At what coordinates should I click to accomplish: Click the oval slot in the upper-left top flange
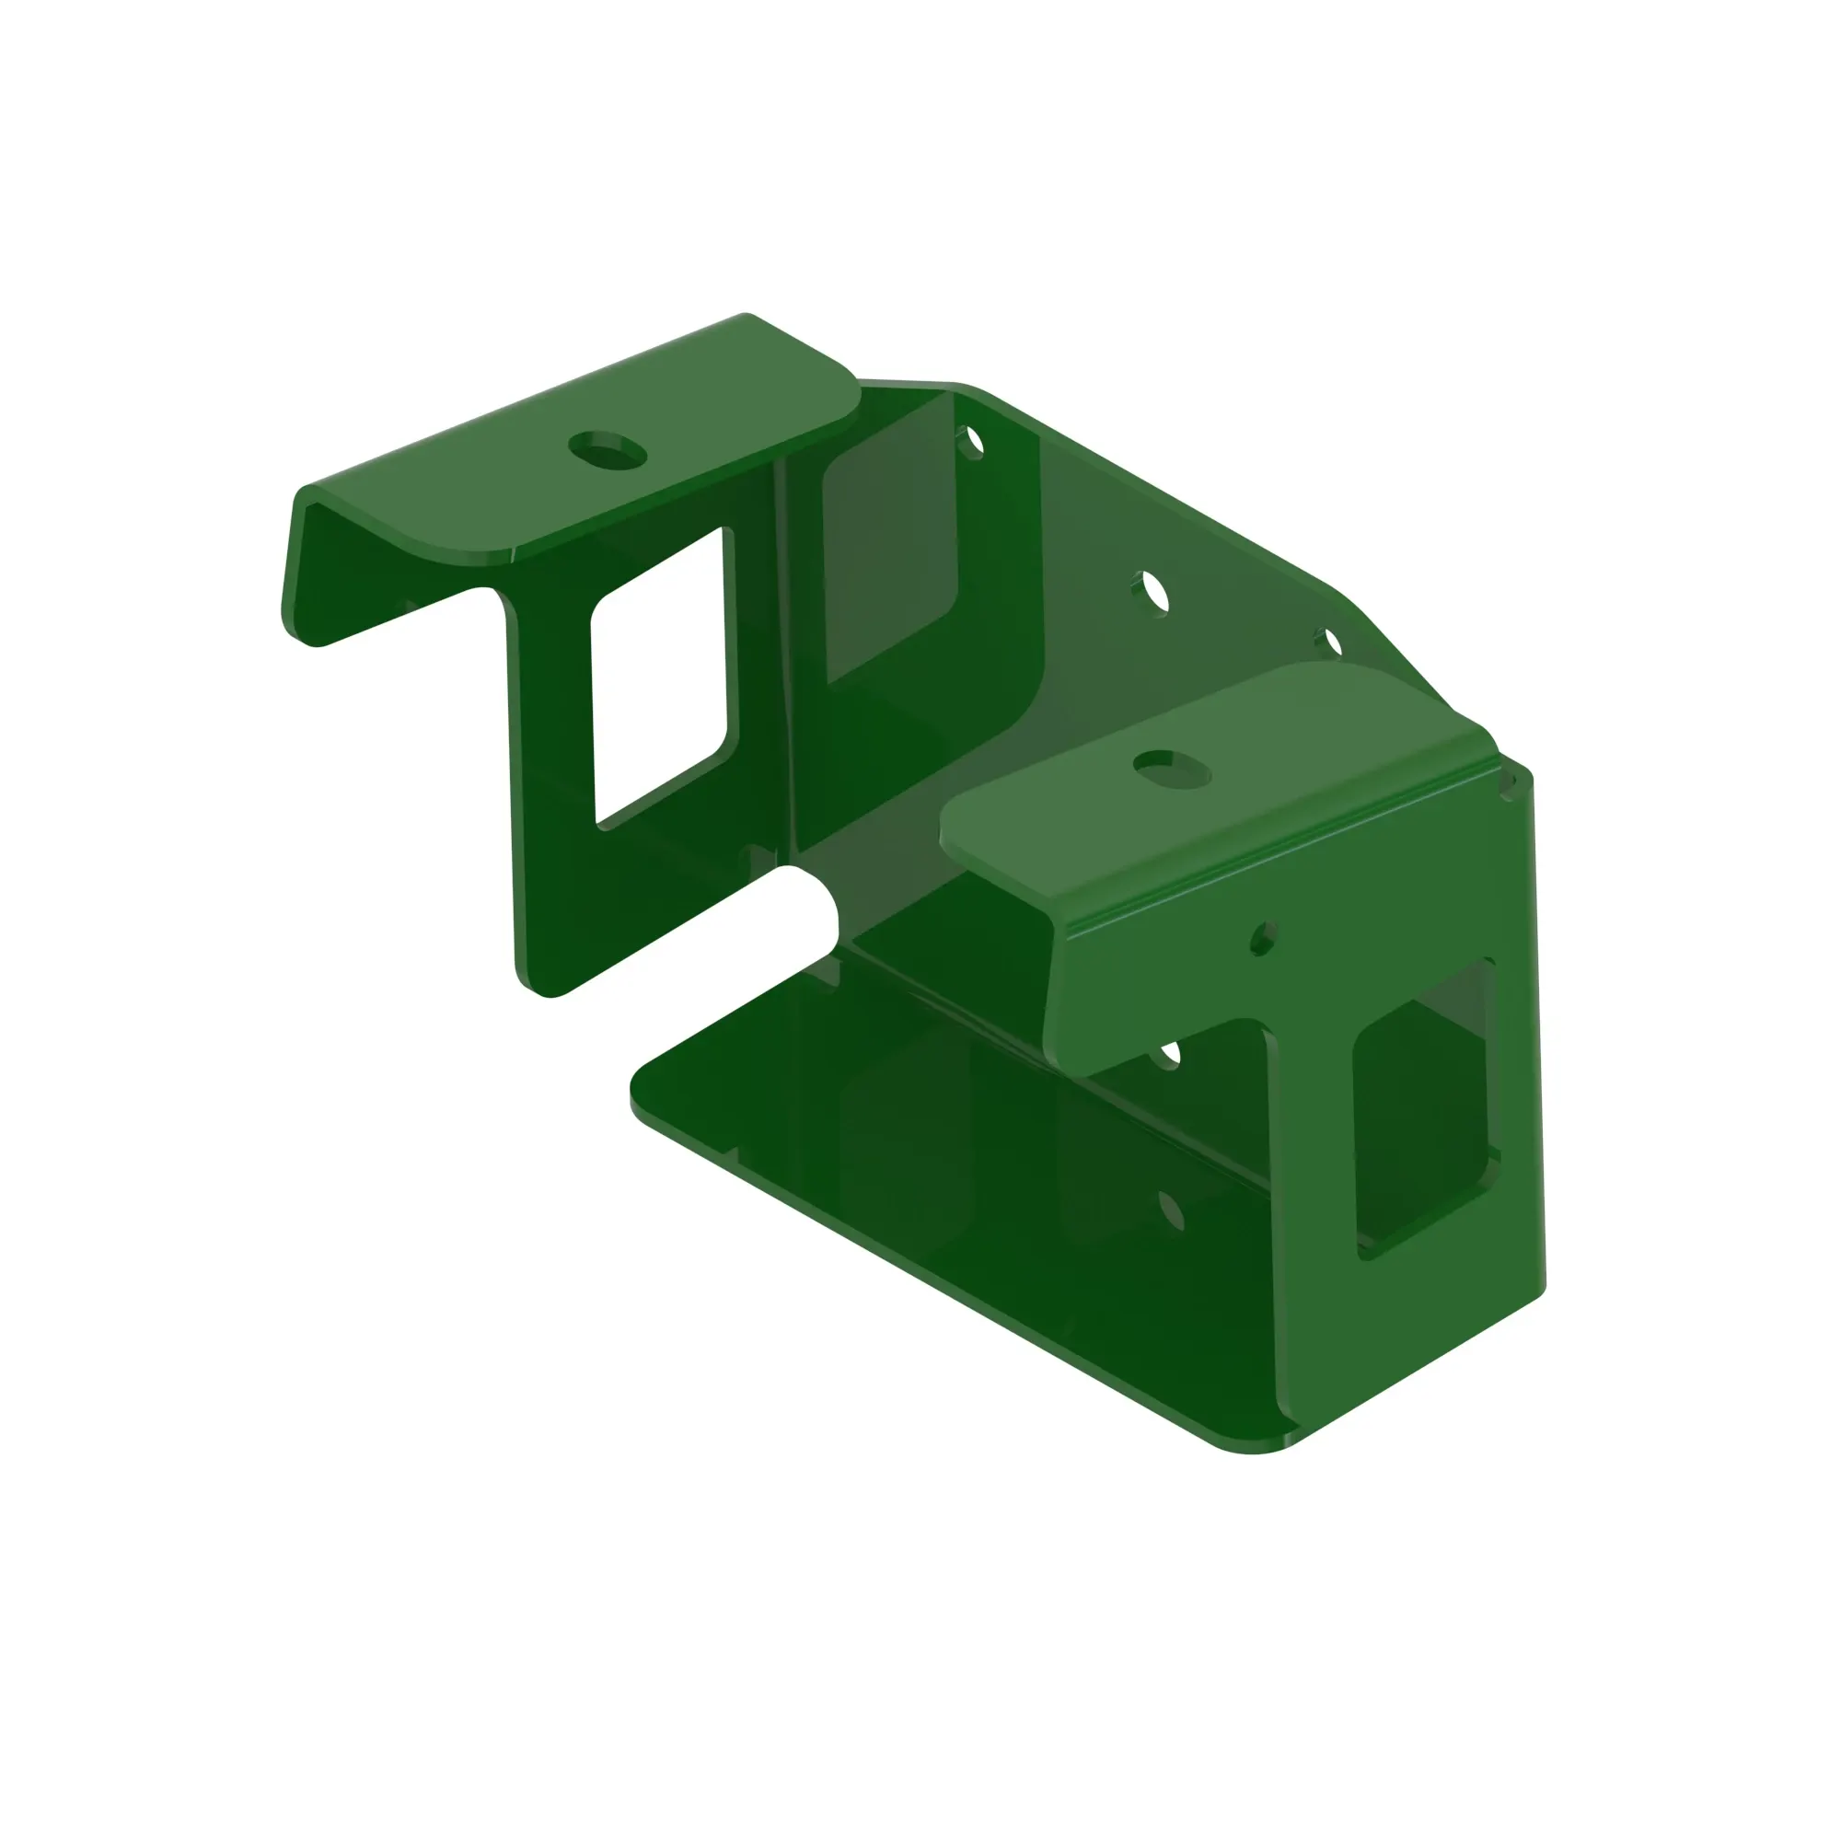click(x=608, y=449)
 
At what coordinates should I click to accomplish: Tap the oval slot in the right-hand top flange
click(x=1172, y=767)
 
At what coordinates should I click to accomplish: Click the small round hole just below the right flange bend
click(x=1263, y=938)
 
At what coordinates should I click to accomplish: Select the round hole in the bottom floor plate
click(x=1172, y=1211)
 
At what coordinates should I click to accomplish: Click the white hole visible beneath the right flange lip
click(x=1168, y=1053)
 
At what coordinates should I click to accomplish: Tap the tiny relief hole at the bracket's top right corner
click(x=1509, y=784)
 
